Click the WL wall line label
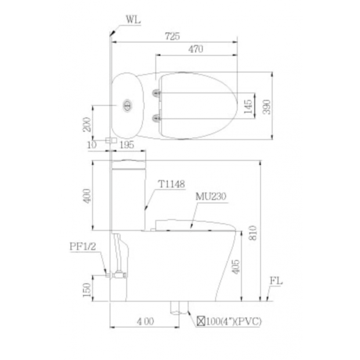(133, 20)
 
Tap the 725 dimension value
(172, 36)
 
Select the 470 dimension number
(196, 49)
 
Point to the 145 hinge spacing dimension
(248, 106)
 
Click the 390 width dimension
(267, 107)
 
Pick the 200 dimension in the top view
(87, 124)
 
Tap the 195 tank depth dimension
(127, 145)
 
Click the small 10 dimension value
(92, 145)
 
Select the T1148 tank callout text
(172, 184)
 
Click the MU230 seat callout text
(211, 196)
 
